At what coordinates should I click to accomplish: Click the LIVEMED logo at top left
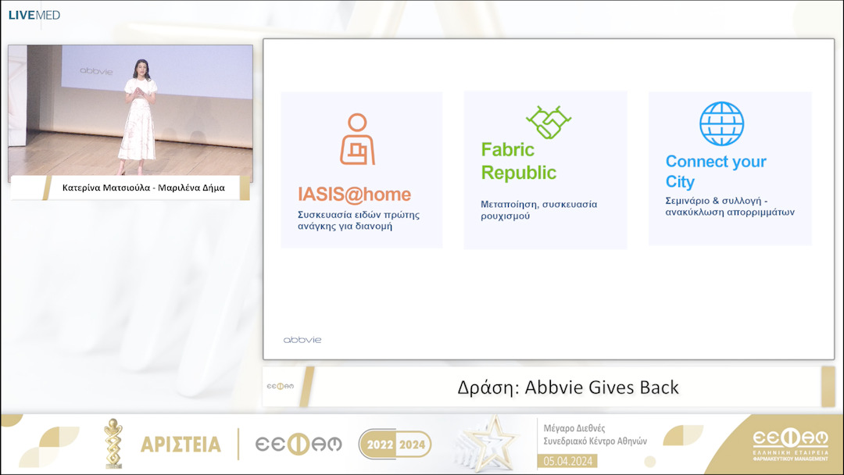tap(34, 15)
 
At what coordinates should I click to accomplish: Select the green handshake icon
tap(549, 123)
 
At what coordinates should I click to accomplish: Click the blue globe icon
tap(721, 123)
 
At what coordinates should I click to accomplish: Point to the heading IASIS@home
tap(354, 195)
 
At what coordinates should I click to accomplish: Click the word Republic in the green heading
tap(519, 173)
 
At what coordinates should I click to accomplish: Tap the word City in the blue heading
tap(680, 182)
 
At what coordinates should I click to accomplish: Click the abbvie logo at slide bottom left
tap(302, 340)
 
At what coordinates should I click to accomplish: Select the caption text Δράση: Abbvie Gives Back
tap(568, 387)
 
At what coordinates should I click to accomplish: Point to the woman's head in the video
tap(141, 68)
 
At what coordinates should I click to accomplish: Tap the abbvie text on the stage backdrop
tap(96, 71)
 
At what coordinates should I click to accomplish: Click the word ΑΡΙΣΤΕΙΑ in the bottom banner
tap(181, 445)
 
